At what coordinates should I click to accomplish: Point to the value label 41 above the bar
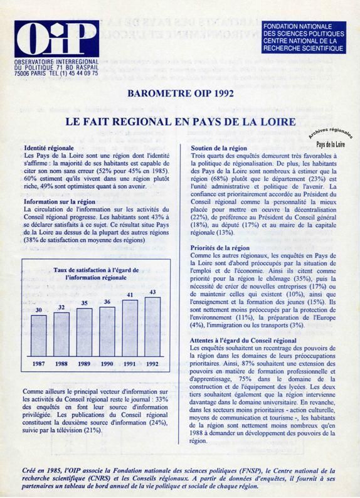130,295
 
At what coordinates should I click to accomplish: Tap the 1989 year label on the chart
85,364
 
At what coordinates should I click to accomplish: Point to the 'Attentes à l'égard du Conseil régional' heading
242,340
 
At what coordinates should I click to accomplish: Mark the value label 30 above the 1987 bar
39,310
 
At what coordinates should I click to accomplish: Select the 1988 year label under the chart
61,364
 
